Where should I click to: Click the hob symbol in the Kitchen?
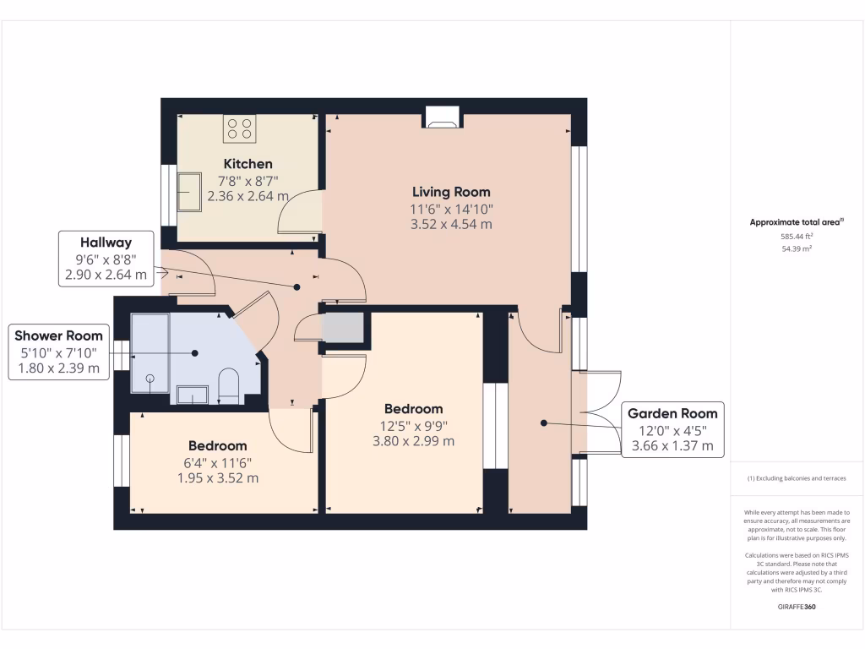point(239,128)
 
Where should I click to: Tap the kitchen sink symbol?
point(189,191)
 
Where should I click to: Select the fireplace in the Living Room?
point(442,117)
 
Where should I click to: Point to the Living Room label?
point(450,192)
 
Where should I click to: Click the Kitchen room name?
point(248,163)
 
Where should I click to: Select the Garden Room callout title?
point(672,413)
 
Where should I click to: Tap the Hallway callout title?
point(106,243)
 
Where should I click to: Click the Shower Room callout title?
point(58,335)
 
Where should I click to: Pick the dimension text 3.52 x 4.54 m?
point(450,224)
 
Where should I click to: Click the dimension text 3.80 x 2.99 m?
point(413,440)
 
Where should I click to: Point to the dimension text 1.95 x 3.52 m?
point(217,477)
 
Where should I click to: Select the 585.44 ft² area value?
point(797,237)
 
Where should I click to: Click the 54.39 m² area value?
point(797,249)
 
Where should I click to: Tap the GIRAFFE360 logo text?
point(797,607)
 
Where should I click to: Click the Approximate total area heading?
point(797,222)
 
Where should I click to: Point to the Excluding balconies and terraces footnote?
point(797,478)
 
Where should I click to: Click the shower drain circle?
point(150,378)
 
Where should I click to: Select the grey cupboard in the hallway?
point(344,328)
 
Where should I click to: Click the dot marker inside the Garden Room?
point(544,423)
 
